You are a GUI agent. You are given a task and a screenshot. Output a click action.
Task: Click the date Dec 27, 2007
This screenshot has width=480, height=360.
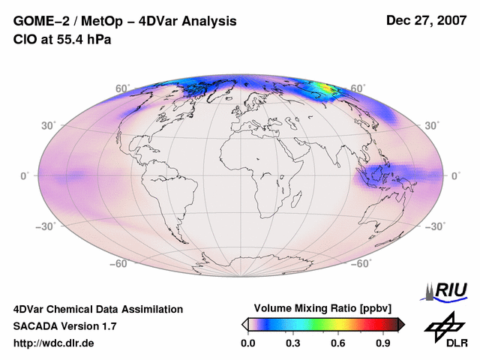pos(424,21)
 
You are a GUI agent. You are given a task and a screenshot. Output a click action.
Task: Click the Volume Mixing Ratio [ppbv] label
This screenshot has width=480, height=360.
pos(319,309)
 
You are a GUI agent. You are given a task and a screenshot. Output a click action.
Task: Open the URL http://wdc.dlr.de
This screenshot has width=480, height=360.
pos(54,343)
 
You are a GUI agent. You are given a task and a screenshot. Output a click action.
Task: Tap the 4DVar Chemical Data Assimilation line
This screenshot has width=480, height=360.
pos(97,309)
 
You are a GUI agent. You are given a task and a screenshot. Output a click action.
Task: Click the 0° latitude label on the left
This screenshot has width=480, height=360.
pos(25,175)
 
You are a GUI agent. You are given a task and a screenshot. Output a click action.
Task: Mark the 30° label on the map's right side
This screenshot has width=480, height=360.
pos(433,125)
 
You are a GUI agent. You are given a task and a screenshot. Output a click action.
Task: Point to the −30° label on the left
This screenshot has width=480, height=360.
pos(46,226)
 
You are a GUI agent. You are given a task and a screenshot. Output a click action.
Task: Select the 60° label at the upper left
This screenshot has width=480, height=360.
pos(122,88)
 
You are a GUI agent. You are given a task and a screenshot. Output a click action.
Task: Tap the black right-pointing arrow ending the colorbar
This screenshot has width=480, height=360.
pos(402,324)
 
